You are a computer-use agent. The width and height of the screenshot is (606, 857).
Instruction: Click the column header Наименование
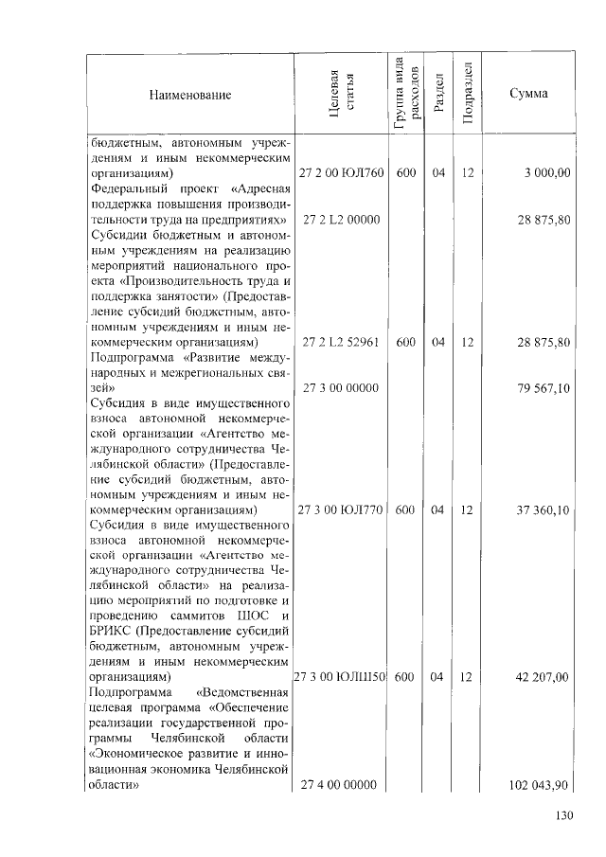point(188,95)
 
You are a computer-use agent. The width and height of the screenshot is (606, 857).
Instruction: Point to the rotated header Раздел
point(438,95)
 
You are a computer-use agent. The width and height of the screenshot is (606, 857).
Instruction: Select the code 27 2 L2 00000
point(340,220)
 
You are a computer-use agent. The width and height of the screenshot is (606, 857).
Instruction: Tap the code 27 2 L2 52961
point(340,342)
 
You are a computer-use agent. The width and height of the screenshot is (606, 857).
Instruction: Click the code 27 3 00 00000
point(340,388)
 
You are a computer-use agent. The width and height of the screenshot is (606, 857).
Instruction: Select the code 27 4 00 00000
point(340,785)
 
